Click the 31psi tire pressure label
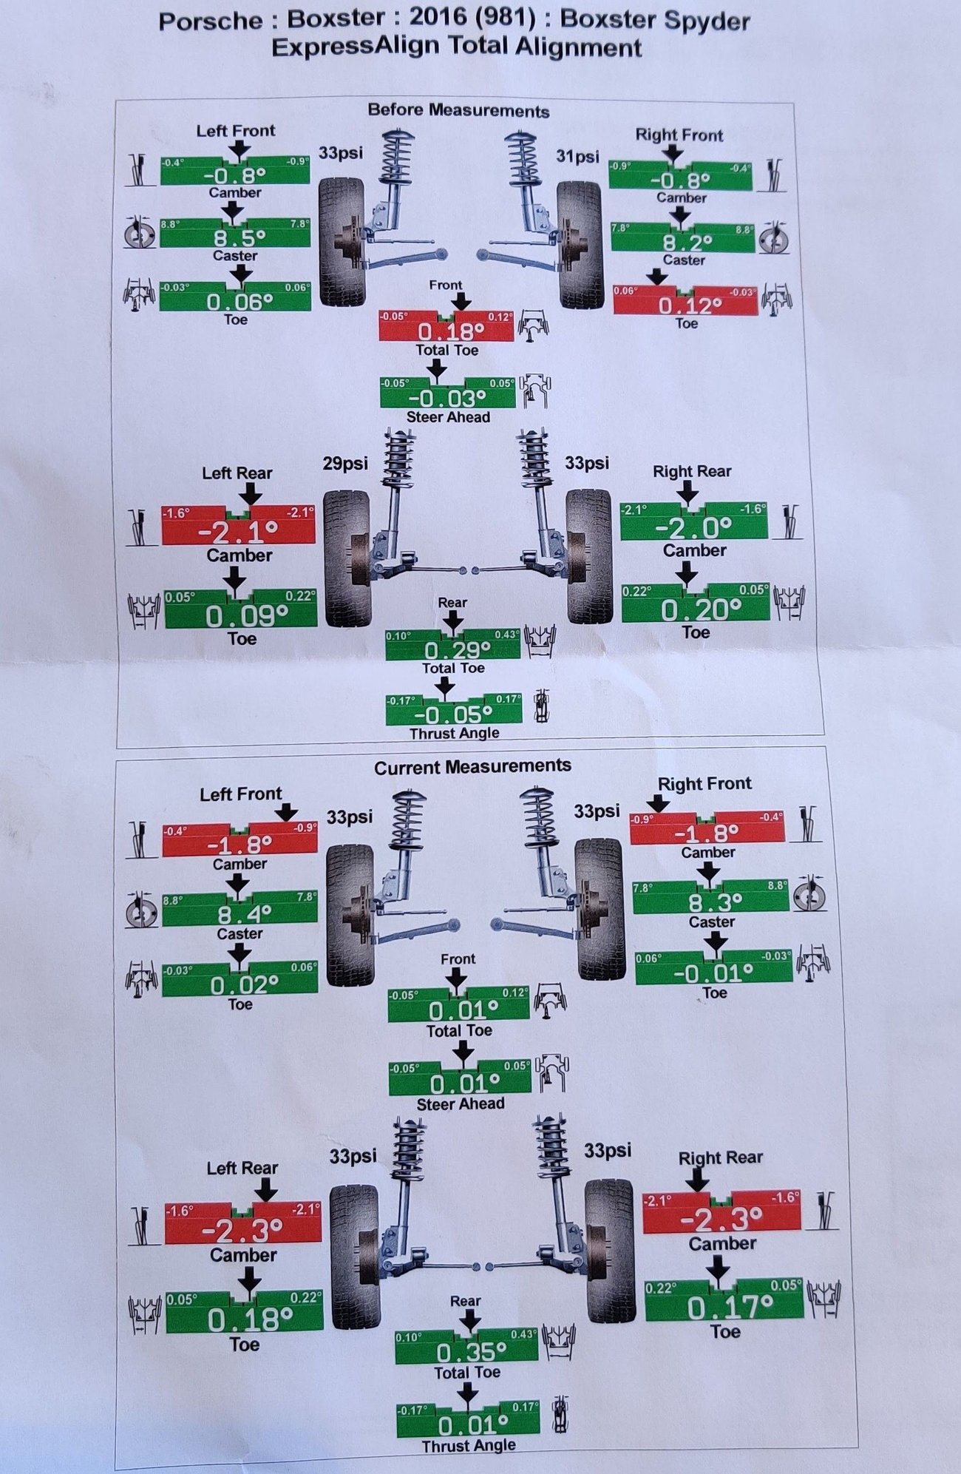pyautogui.click(x=577, y=157)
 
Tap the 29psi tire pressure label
pyautogui.click(x=345, y=464)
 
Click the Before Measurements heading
pyautogui.click(x=458, y=111)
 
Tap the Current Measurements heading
pyautogui.click(x=472, y=767)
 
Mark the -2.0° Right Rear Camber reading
pyautogui.click(x=693, y=527)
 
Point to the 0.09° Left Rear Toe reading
pyautogui.click(x=246, y=616)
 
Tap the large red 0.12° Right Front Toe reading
pyautogui.click(x=690, y=305)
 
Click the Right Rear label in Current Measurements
pyautogui.click(x=720, y=1157)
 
